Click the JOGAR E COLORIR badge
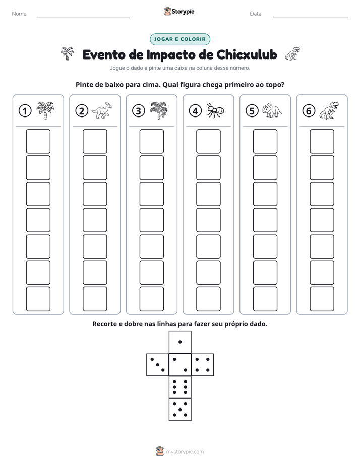(179, 39)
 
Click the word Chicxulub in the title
(247, 54)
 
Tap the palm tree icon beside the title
(67, 53)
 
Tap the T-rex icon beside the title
(292, 53)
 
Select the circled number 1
(25, 111)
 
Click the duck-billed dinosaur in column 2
(102, 110)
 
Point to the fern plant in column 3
(159, 110)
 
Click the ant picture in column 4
(216, 110)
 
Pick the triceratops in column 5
(272, 110)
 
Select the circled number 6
(309, 111)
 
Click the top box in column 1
(38, 141)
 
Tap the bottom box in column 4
(208, 299)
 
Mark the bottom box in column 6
(322, 299)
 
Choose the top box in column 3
(151, 141)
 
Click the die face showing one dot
(180, 342)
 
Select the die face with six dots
(180, 387)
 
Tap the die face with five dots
(180, 410)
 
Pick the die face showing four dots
(203, 365)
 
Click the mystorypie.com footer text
(185, 452)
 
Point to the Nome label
(20, 14)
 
